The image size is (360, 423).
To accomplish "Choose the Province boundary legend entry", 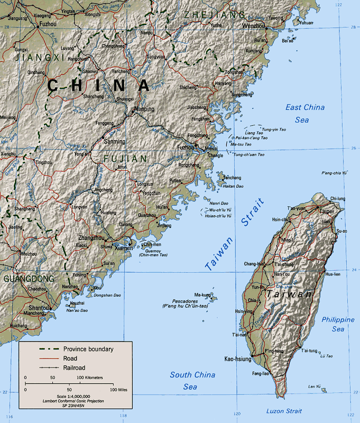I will coord(88,349).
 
